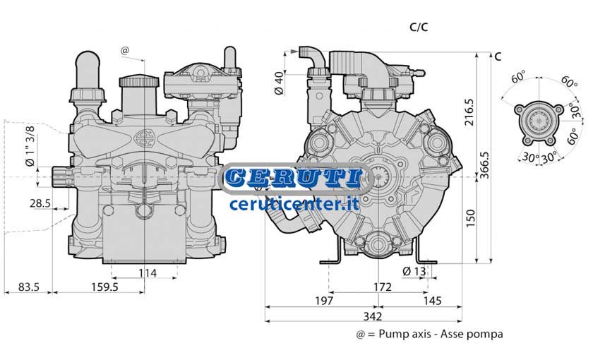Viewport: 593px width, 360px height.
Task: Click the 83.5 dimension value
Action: pos(29,287)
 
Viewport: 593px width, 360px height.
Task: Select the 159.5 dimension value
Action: pos(104,287)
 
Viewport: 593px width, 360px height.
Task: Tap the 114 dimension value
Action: pos(148,273)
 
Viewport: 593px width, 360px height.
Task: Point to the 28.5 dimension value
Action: pos(40,203)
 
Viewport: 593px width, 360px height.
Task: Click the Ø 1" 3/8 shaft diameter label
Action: pos(30,146)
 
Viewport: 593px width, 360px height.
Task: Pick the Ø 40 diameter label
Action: pos(279,83)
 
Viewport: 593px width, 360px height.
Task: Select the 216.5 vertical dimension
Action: pos(469,113)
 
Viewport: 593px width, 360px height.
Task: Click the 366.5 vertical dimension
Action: pos(484,165)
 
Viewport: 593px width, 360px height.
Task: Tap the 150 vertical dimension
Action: pos(470,219)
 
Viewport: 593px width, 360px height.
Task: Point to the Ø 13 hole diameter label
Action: pos(414,271)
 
